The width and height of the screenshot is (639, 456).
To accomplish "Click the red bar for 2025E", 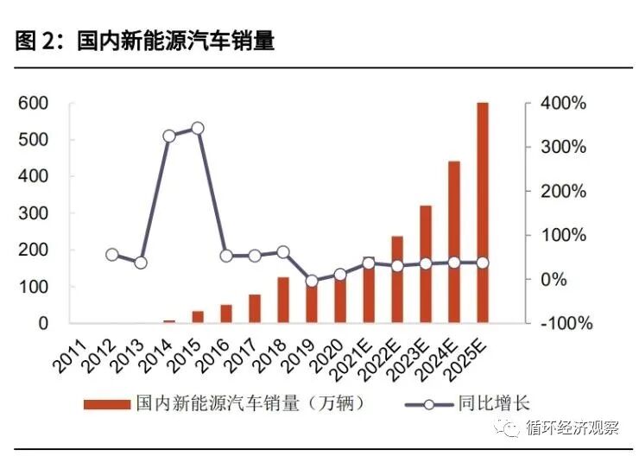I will point(483,212).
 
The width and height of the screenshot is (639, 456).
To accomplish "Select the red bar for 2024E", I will point(454,242).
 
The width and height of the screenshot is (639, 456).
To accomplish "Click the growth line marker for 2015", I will point(198,128).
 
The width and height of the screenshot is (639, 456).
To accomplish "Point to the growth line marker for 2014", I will point(169,136).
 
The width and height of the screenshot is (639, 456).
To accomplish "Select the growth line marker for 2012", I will point(112,255).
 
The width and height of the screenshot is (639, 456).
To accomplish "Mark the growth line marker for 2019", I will point(312,281).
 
